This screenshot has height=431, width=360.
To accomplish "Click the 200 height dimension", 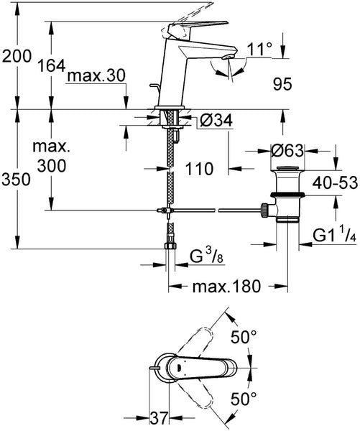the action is coord(17,57).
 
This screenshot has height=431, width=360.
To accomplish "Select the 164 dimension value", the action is coord(52,65).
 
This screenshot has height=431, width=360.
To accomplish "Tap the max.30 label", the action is coord(96,75).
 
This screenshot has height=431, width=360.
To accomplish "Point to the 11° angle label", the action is coord(259,50).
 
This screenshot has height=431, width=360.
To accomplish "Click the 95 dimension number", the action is coord(282,84).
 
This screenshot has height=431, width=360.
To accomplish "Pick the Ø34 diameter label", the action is coord(216,120).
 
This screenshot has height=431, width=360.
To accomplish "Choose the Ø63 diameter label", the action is coord(287,150).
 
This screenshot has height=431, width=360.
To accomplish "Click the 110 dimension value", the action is coord(199,169).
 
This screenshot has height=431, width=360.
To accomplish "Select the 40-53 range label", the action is coord(335,182).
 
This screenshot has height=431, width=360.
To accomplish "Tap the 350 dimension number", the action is coord(16,180).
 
